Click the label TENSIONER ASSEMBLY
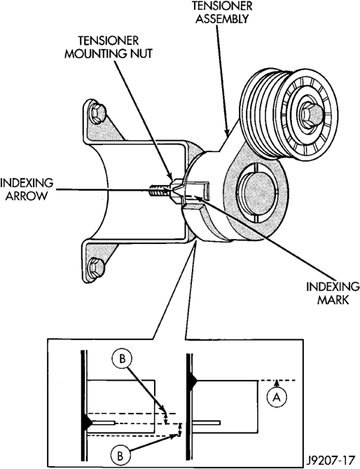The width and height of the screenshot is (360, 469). click(222, 13)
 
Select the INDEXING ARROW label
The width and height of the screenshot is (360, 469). click(27, 189)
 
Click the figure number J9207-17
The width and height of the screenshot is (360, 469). click(331, 459)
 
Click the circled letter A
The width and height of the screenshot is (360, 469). click(277, 397)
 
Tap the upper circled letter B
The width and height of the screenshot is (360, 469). click(122, 359)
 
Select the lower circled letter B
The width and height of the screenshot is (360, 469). click(120, 456)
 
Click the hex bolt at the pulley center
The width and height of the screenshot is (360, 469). click(312, 113)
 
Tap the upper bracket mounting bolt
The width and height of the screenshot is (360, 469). click(98, 111)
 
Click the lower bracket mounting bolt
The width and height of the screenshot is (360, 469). click(97, 265)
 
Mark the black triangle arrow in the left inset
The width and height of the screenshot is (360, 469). click(89, 423)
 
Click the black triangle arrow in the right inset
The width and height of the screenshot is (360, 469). click(192, 381)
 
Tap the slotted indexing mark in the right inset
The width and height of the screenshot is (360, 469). click(206, 423)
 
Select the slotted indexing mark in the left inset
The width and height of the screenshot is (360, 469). click(104, 423)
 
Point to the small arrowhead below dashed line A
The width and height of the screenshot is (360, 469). click(277, 383)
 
